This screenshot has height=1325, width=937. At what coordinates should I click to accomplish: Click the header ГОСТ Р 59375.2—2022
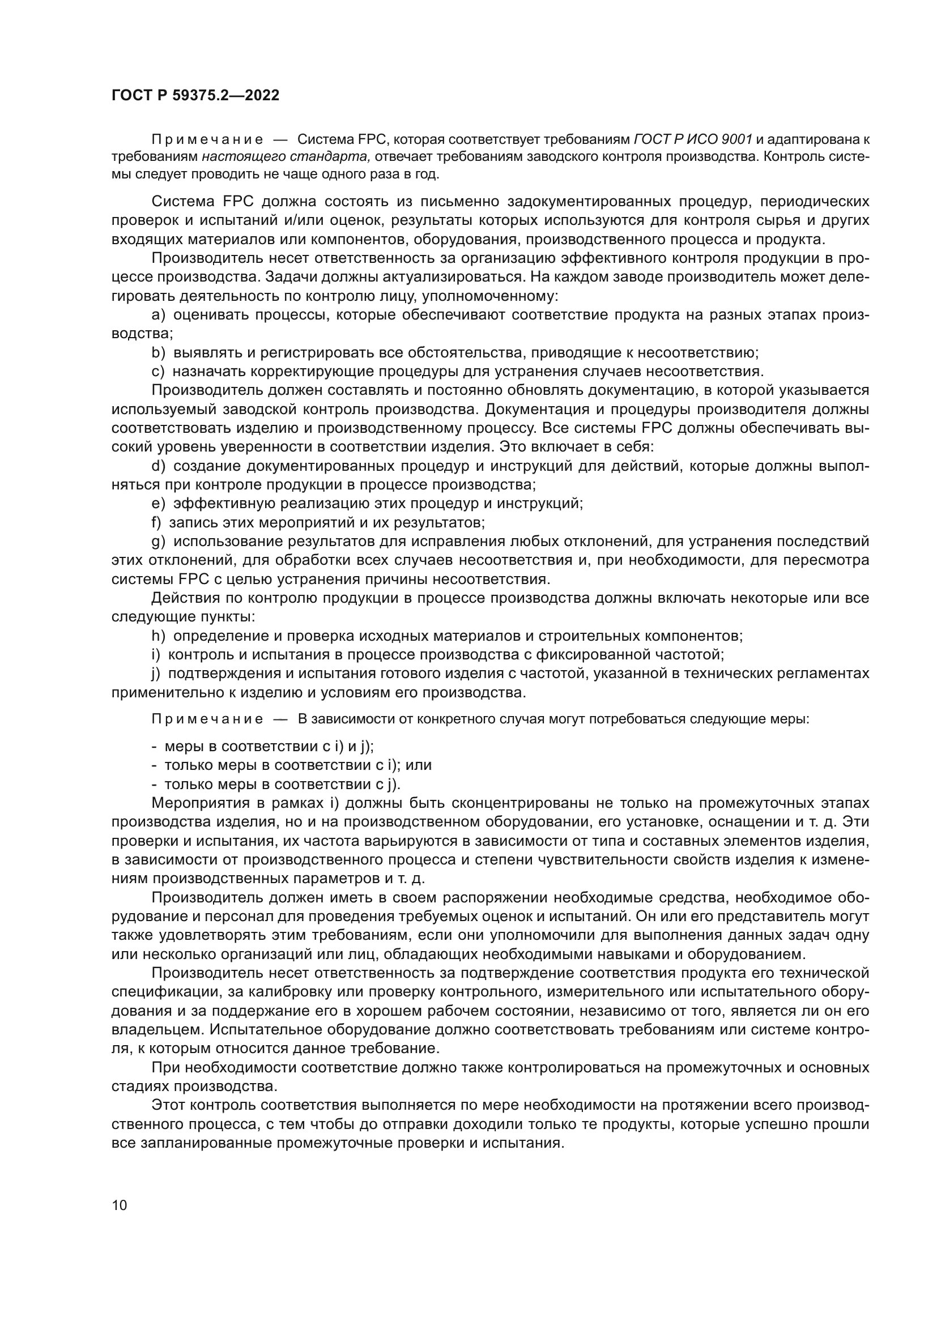(195, 95)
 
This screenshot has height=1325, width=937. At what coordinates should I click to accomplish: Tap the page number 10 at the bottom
(120, 1205)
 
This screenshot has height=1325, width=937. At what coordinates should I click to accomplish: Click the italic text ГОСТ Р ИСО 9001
(693, 140)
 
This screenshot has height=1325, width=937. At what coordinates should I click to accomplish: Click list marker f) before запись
(156, 522)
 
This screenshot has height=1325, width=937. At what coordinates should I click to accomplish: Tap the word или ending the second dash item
(419, 765)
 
